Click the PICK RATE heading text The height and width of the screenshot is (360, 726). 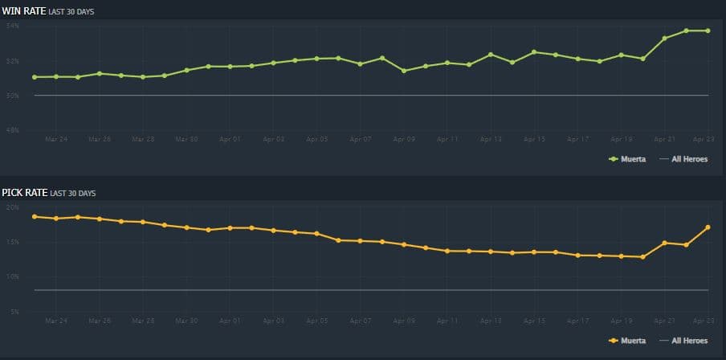24,193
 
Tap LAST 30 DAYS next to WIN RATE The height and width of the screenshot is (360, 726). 72,10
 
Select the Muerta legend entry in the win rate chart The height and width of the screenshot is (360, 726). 628,159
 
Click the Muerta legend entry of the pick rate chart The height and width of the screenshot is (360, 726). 628,341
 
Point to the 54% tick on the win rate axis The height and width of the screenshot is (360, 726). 12,27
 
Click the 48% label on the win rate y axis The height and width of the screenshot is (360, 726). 12,130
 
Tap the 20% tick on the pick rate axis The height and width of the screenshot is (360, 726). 12,207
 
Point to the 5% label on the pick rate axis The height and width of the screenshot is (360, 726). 14,312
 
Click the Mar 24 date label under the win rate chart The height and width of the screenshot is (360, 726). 56,139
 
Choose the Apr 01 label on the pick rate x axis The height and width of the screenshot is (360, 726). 230,321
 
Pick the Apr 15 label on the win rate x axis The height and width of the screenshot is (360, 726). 534,139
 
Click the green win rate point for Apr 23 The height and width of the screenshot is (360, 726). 708,31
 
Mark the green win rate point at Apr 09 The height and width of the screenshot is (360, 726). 404,71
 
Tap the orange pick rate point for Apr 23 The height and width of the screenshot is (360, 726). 708,227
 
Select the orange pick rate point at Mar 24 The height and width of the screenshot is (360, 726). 56,219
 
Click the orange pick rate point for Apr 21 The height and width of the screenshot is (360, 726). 664,243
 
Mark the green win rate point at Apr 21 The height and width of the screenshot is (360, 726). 664,38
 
